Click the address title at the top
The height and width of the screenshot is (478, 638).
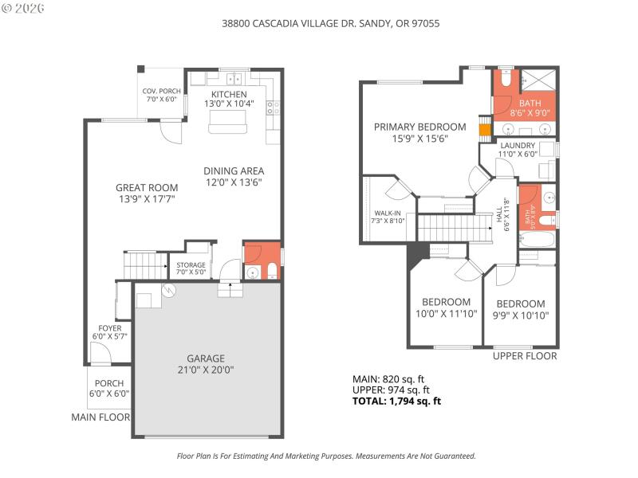[x=330, y=24]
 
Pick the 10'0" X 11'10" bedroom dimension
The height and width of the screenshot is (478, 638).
[x=446, y=314]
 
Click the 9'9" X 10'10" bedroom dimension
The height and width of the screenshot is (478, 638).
[x=520, y=315]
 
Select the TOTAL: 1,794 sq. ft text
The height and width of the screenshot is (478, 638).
[x=396, y=402]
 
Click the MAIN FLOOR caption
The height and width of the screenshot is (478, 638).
[x=100, y=417]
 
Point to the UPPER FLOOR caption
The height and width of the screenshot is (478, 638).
[x=524, y=356]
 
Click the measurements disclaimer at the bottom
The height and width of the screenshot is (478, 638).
[x=325, y=456]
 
